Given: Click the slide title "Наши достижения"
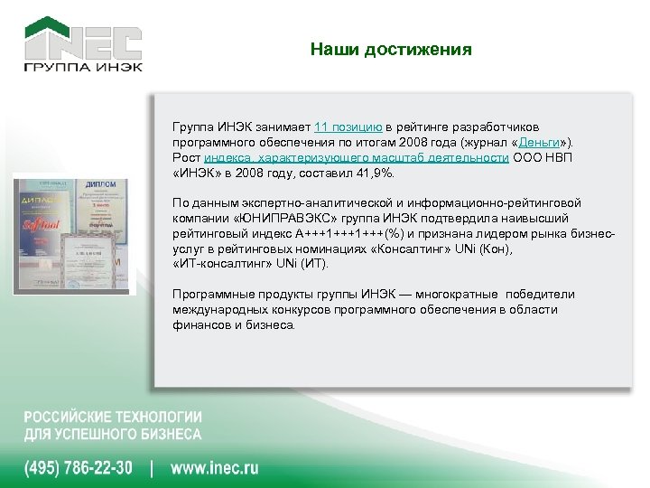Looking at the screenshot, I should [x=390, y=50].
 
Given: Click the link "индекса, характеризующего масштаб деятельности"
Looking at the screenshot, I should [x=356, y=157].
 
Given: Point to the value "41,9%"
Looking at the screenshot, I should [x=376, y=173].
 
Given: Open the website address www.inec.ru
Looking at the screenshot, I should [x=214, y=468].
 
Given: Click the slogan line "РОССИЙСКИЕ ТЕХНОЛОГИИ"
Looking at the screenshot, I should [x=113, y=418].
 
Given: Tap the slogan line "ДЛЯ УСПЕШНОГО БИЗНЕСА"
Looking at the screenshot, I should [x=113, y=434].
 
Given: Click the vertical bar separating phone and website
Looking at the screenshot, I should [x=152, y=468].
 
